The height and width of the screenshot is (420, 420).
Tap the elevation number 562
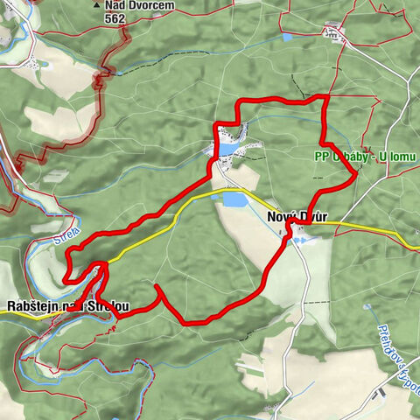(114, 17)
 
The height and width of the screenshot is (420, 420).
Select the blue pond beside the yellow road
(234, 200)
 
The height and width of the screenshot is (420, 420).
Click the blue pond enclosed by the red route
(227, 150)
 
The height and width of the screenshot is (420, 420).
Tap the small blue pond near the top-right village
(288, 38)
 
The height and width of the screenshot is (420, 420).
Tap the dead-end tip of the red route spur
(156, 286)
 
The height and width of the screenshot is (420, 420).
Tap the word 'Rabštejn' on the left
(32, 307)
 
